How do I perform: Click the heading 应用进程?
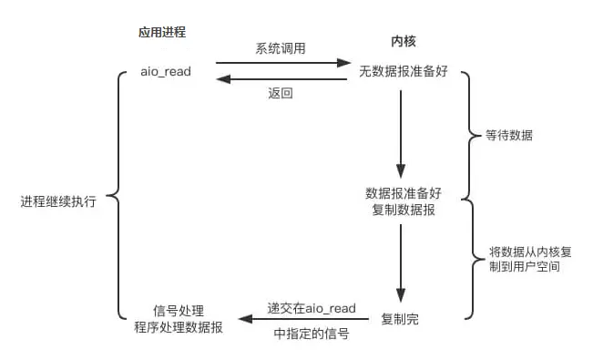(x=162, y=33)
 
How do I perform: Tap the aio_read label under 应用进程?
(x=165, y=71)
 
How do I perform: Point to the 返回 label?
(x=281, y=94)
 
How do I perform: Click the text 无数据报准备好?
(x=403, y=71)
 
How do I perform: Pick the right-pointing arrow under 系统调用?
(x=282, y=64)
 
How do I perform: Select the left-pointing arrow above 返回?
(x=282, y=79)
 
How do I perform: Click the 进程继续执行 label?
(x=57, y=200)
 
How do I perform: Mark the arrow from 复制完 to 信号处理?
(x=302, y=319)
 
